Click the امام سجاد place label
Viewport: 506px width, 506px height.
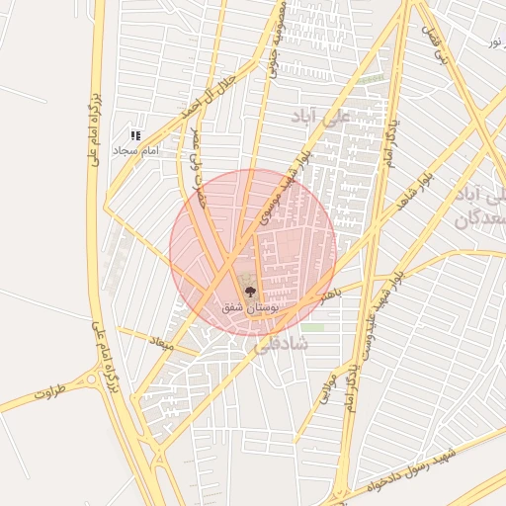click(x=136, y=151)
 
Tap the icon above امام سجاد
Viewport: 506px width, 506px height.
click(x=136, y=135)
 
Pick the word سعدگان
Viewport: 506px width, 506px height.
click(x=481, y=219)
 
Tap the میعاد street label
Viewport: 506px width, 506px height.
click(x=161, y=343)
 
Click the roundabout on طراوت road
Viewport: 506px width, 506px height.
click(x=98, y=378)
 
